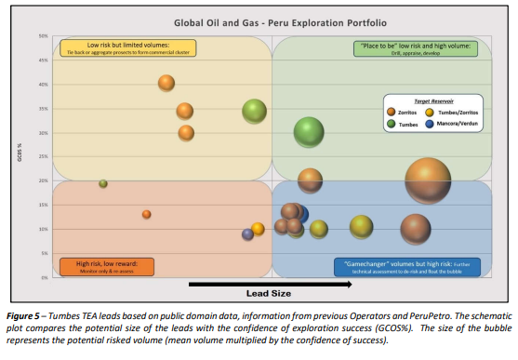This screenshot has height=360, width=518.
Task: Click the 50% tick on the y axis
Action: (43, 36)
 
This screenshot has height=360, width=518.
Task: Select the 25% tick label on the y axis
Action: (43, 157)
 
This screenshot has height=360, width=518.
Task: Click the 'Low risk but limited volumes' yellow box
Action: (127, 49)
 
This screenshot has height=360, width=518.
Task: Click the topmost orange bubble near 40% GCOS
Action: (166, 83)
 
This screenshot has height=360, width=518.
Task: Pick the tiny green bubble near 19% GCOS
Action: (103, 183)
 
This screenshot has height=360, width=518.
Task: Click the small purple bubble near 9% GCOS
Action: (247, 234)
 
